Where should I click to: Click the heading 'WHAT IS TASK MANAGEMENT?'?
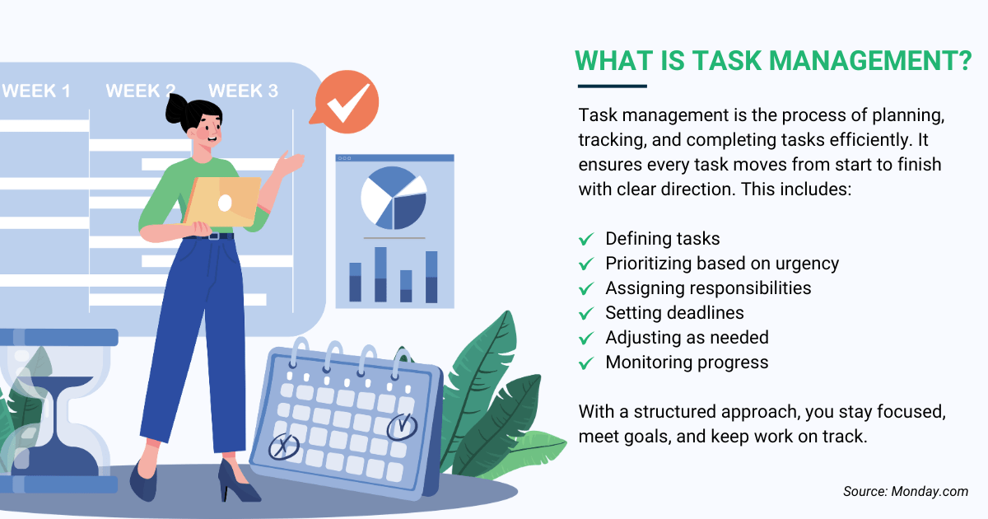pyautogui.click(x=773, y=60)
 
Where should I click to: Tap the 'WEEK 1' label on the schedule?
pyautogui.click(x=36, y=91)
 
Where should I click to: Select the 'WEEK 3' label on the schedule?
pyautogui.click(x=243, y=91)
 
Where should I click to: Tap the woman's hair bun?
pyautogui.click(x=176, y=107)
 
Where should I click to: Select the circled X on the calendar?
pyautogui.click(x=283, y=447)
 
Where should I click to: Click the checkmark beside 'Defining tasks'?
pyautogui.click(x=586, y=239)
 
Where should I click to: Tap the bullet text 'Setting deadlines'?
pyautogui.click(x=674, y=313)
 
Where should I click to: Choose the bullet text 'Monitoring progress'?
pyautogui.click(x=687, y=362)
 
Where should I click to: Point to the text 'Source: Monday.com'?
pyautogui.click(x=905, y=492)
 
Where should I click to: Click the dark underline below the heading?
pyautogui.click(x=612, y=85)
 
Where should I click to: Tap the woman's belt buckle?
pyautogui.click(x=215, y=236)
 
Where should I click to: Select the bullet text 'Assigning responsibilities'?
pyautogui.click(x=708, y=288)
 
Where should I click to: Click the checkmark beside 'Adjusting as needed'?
pyautogui.click(x=586, y=338)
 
